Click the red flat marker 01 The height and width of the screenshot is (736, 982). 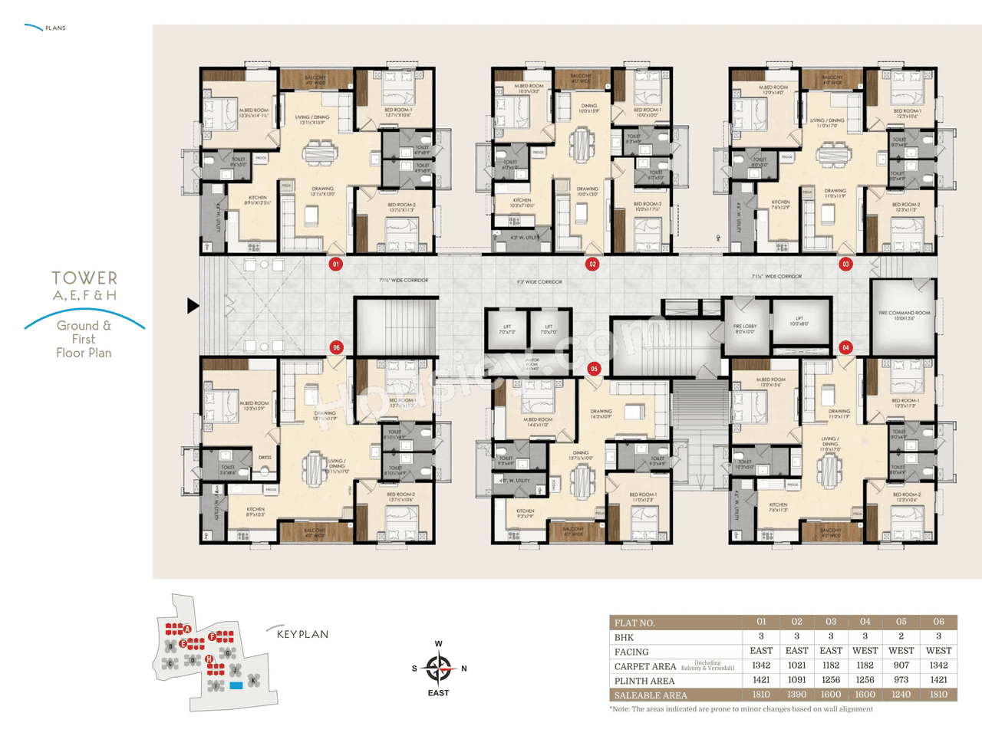(x=335, y=264)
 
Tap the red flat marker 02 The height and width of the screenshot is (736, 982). (x=592, y=264)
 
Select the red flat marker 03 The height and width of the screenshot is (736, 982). (x=845, y=264)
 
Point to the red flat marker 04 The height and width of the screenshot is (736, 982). (x=845, y=347)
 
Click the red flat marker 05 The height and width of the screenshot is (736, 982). (x=594, y=369)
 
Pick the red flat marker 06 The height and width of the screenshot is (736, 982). (x=336, y=347)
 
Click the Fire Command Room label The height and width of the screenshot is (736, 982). (x=904, y=315)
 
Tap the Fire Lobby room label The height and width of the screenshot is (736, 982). (x=744, y=329)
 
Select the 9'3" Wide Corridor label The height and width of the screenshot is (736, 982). (x=539, y=282)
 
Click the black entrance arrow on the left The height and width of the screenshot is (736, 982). (x=193, y=305)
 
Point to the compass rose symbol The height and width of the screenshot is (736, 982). (x=438, y=669)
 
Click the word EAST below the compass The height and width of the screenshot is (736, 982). (x=438, y=693)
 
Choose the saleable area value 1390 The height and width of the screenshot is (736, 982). (x=796, y=695)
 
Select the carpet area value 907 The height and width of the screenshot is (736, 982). (x=901, y=665)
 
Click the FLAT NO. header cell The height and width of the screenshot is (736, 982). (x=634, y=623)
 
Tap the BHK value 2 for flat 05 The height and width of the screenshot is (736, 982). (x=901, y=636)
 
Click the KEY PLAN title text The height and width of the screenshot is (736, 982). (x=302, y=634)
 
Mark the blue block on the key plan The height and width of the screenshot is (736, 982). (x=236, y=685)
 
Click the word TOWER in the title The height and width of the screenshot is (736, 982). (x=84, y=278)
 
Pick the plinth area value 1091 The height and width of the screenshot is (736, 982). (x=796, y=680)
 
